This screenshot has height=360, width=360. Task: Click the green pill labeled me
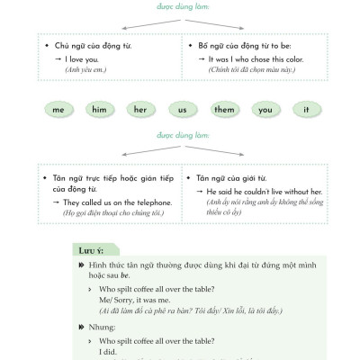coord(58,109)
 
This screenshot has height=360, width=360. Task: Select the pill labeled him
coord(100,109)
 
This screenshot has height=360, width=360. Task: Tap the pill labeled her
coord(140,109)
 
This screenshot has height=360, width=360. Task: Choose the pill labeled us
coord(182,109)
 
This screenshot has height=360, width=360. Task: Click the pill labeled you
coord(265,109)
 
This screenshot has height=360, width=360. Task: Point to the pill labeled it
coord(307,109)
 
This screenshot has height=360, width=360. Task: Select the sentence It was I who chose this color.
coord(249,59)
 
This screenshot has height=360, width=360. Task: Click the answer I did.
coord(108,352)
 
